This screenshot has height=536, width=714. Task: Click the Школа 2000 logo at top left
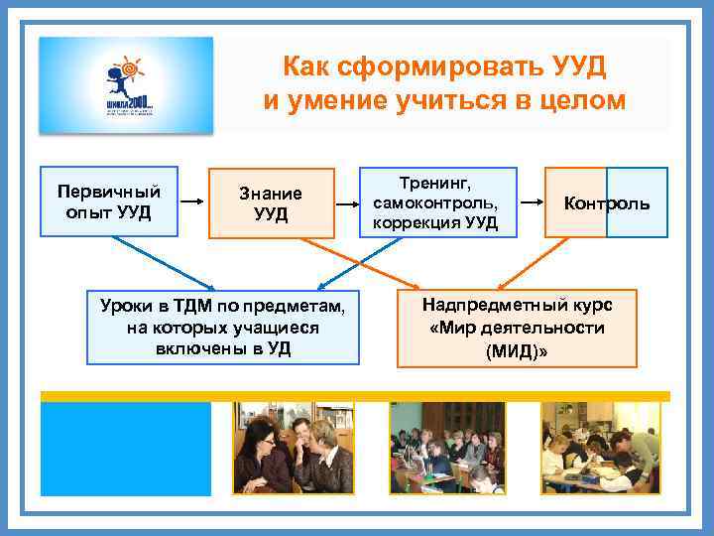(125, 84)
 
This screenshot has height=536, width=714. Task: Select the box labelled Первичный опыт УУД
(109, 201)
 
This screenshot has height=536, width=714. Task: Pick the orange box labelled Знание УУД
(271, 203)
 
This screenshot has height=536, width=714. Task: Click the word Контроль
(607, 203)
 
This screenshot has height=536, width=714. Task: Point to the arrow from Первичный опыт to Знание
(192, 202)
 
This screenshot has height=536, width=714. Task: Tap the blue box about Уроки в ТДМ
(223, 327)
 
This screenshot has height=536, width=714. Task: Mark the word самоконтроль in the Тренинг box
(434, 202)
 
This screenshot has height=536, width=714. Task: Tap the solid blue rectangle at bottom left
(126, 448)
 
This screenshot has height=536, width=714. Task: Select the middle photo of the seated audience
(446, 448)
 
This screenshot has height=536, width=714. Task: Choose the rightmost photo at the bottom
(600, 448)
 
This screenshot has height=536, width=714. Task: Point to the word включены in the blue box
(198, 348)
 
